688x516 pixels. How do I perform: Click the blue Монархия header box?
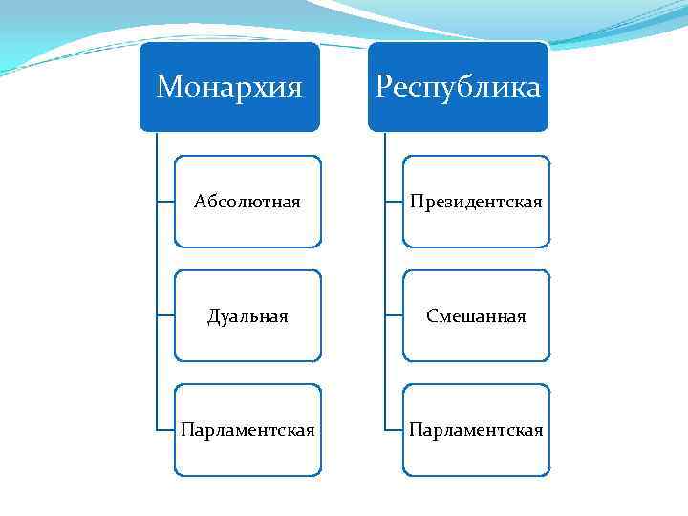tap(229, 87)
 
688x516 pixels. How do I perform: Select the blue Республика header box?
tap(458, 87)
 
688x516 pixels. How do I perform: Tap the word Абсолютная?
tap(247, 202)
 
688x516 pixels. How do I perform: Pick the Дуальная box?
tap(247, 315)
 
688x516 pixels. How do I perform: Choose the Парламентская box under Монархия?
tap(247, 430)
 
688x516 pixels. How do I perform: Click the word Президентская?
tap(476, 202)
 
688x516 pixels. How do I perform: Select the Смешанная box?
tap(476, 315)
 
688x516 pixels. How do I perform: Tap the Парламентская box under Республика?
tap(476, 430)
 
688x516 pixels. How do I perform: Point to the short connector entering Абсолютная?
tap(164, 202)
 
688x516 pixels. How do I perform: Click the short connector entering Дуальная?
tap(164, 315)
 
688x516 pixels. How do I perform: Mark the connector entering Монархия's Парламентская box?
tap(164, 430)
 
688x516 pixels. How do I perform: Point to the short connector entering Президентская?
tap(393, 202)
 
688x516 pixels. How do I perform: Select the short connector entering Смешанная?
tap(393, 315)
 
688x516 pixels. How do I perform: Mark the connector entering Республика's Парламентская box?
tap(393, 430)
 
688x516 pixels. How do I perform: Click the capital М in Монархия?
tap(168, 88)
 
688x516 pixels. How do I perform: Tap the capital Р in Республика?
tap(384, 88)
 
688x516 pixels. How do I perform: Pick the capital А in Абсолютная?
tap(199, 202)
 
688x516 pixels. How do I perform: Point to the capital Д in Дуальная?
tap(213, 316)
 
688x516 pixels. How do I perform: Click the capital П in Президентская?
tap(416, 202)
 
